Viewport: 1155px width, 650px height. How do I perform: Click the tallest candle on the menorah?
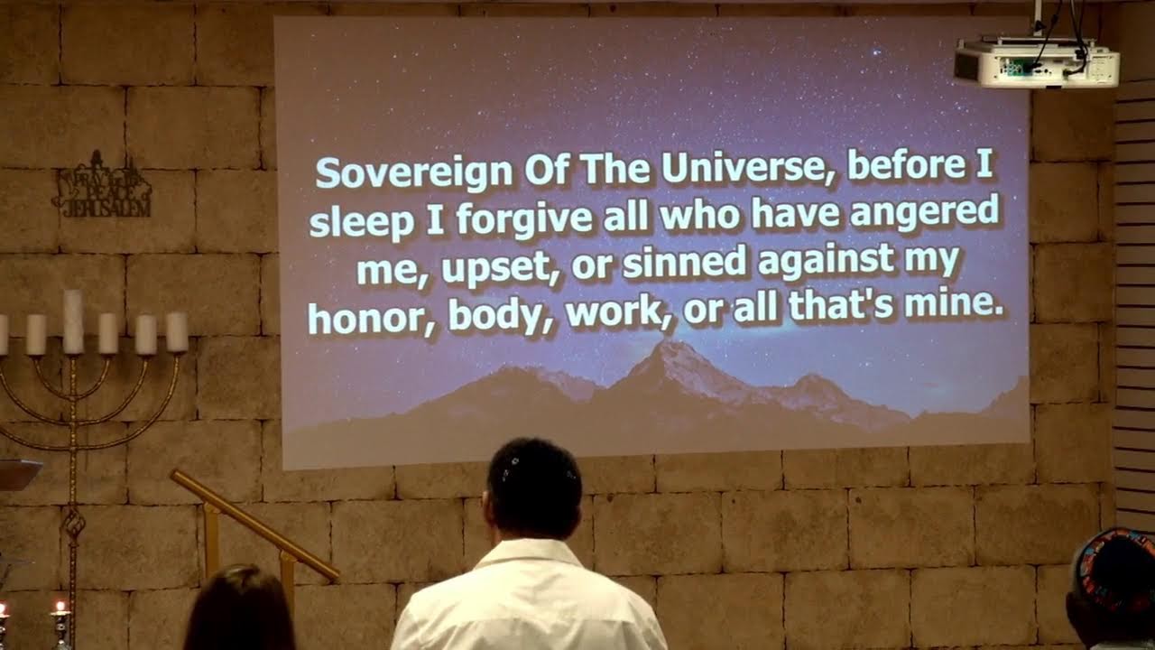tap(73, 321)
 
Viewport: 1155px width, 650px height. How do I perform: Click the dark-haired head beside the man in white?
tap(238, 609)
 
